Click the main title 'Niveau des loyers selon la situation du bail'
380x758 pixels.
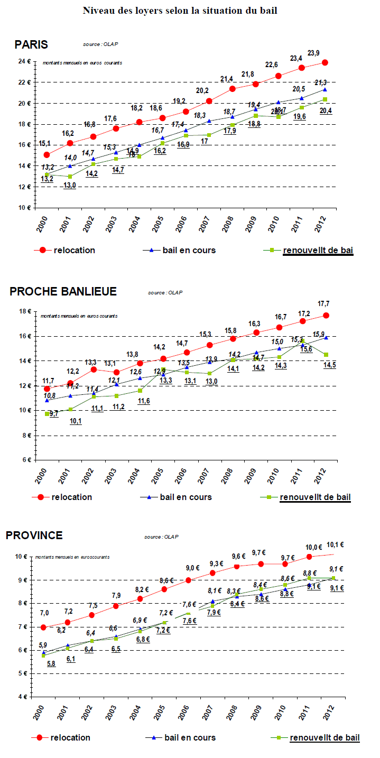[180, 10]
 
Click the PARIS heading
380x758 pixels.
[31, 45]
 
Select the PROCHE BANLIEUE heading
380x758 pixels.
[63, 292]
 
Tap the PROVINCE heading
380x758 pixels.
[34, 535]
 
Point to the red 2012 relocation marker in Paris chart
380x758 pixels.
[325, 62]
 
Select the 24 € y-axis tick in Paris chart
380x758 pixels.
[23, 61]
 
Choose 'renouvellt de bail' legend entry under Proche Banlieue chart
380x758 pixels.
[315, 497]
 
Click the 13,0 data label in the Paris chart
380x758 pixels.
[69, 185]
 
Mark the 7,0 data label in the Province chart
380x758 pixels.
[44, 613]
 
